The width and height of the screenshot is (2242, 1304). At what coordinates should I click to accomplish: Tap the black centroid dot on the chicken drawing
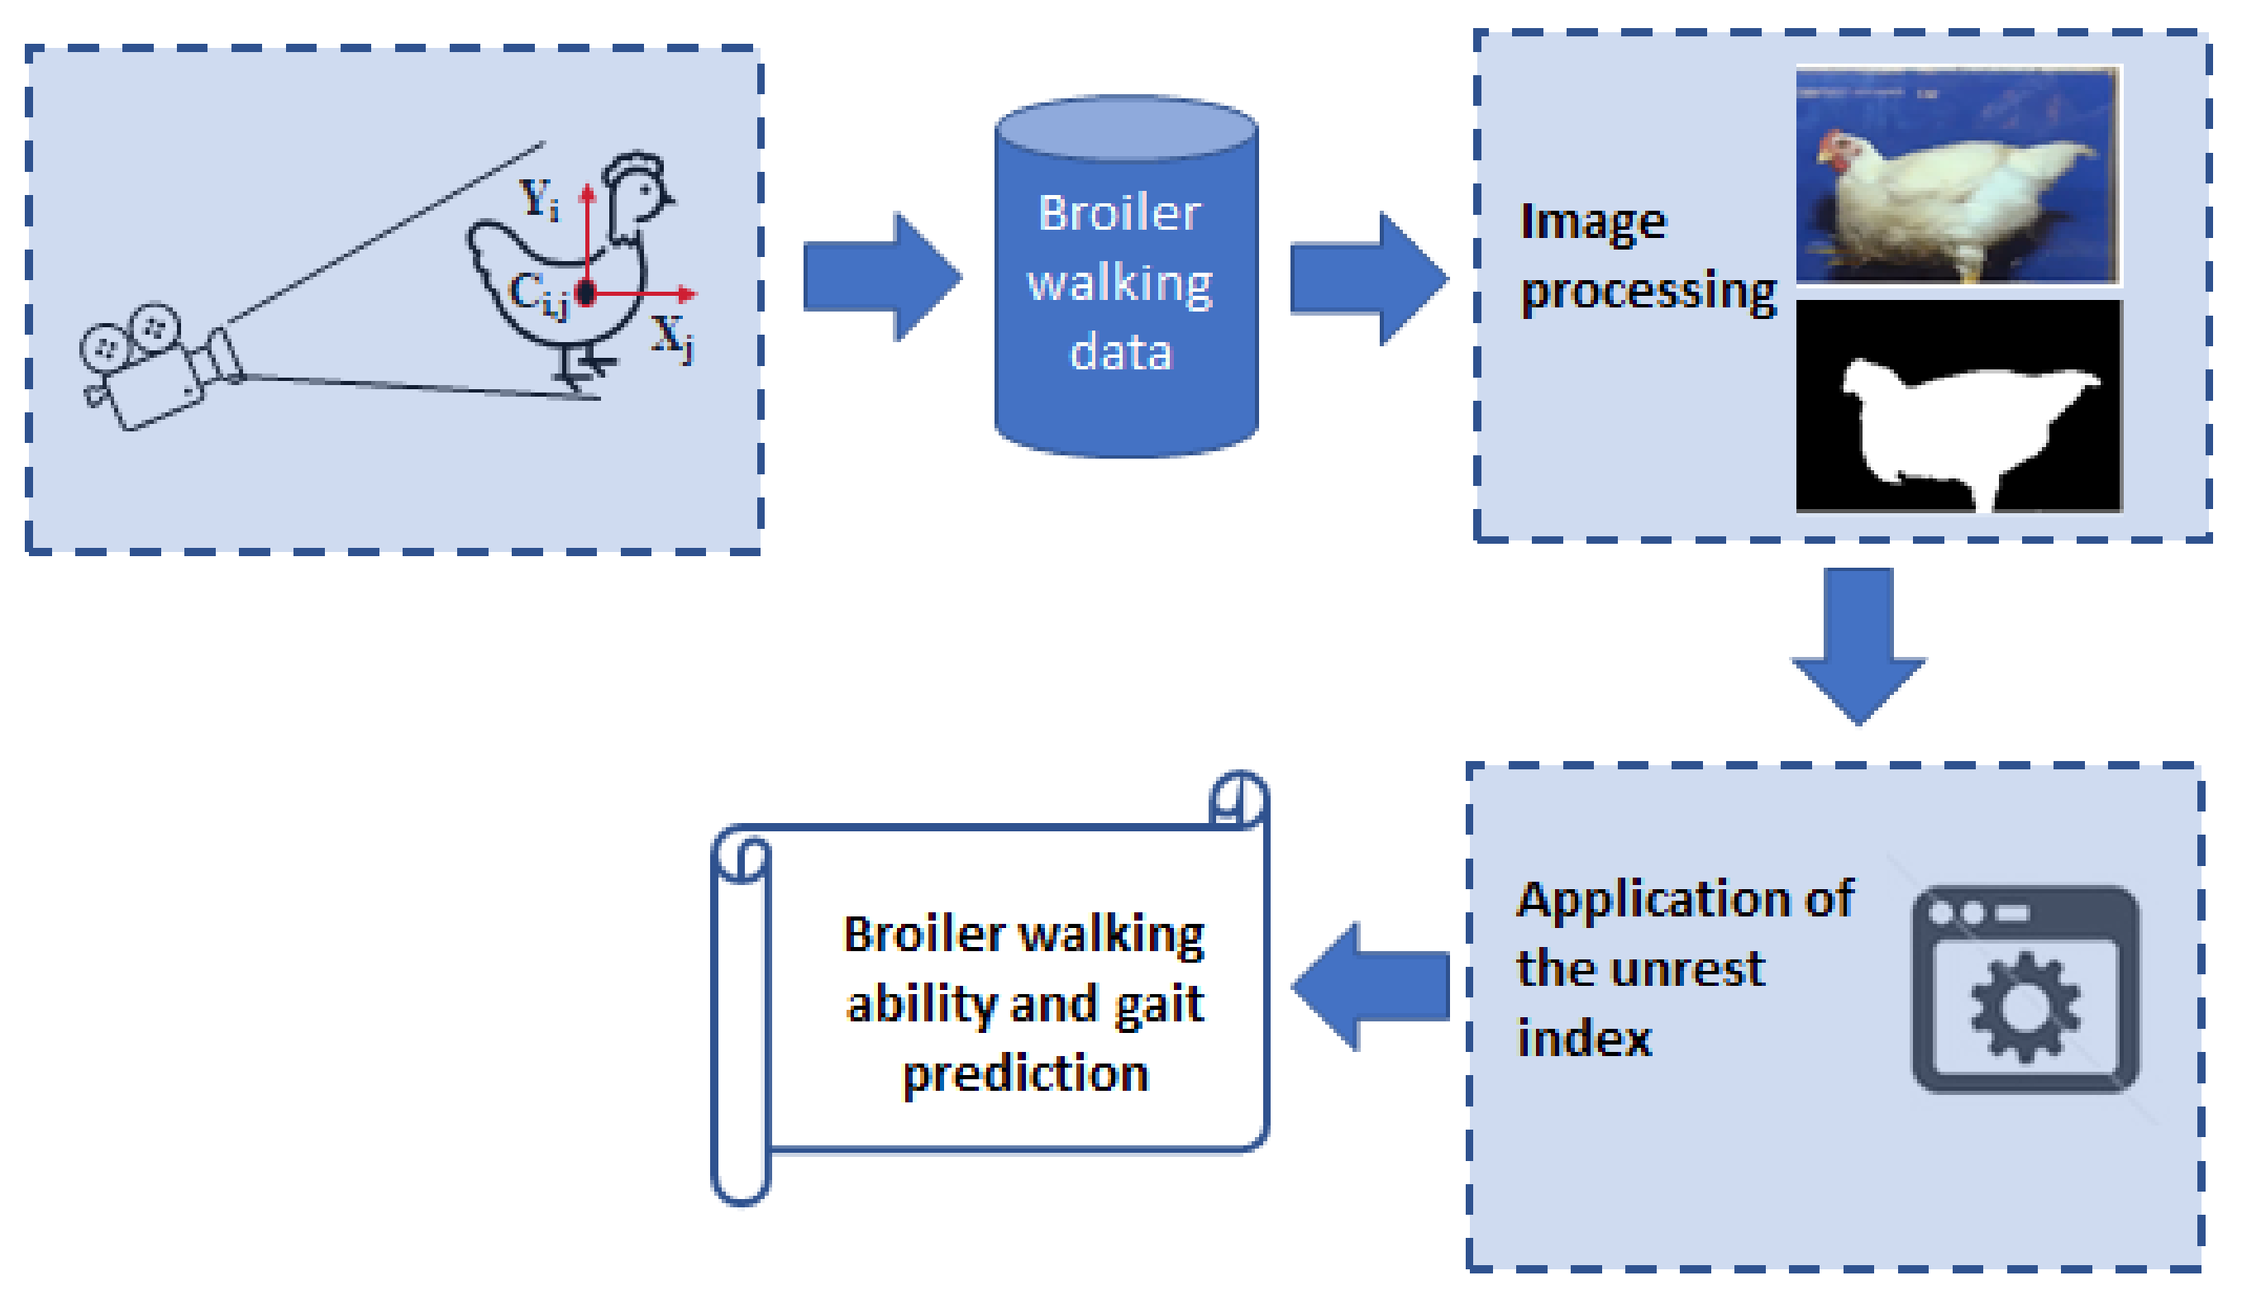tap(585, 292)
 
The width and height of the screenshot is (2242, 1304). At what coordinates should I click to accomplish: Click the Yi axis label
tap(539, 199)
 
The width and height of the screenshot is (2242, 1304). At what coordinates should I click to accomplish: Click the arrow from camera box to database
tap(880, 277)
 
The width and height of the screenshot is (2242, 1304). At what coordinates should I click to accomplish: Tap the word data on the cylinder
tap(1121, 352)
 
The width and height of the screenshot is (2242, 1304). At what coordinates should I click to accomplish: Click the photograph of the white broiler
tap(1958, 175)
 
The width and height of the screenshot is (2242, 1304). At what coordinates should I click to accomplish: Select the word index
tap(1584, 1038)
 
